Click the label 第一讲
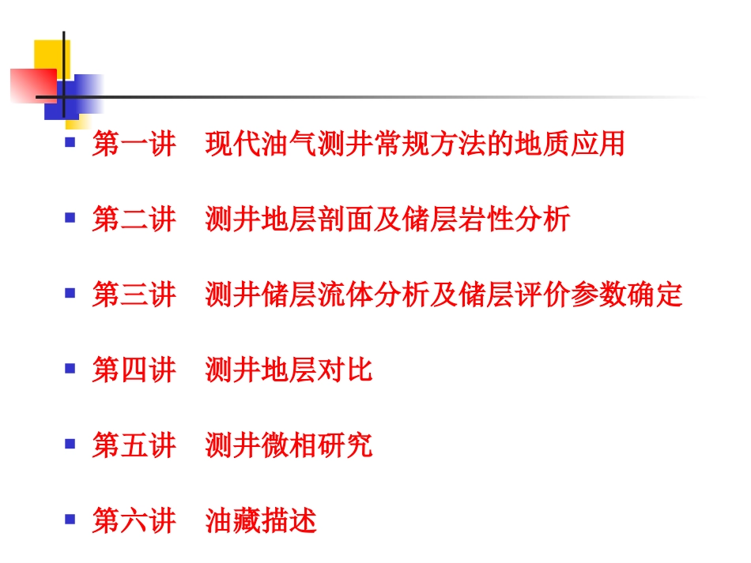point(134,145)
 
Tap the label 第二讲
point(134,220)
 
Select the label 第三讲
point(134,295)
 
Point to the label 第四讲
point(134,370)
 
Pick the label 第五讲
point(134,445)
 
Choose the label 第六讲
point(134,521)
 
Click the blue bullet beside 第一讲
point(70,142)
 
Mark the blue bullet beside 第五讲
point(70,443)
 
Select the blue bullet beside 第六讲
point(70,519)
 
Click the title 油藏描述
point(261,521)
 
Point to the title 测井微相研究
point(289,445)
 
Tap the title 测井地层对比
point(289,370)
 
